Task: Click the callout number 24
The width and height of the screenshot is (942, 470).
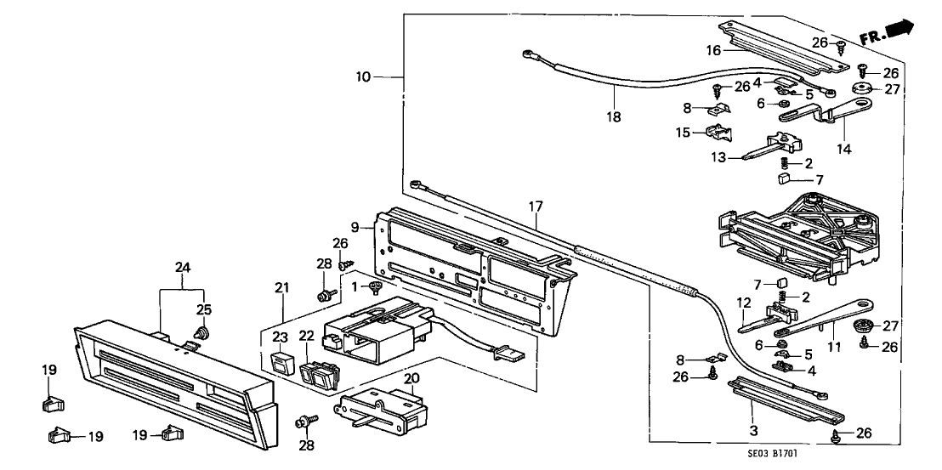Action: [183, 266]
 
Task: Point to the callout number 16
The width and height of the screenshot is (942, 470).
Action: [712, 50]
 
